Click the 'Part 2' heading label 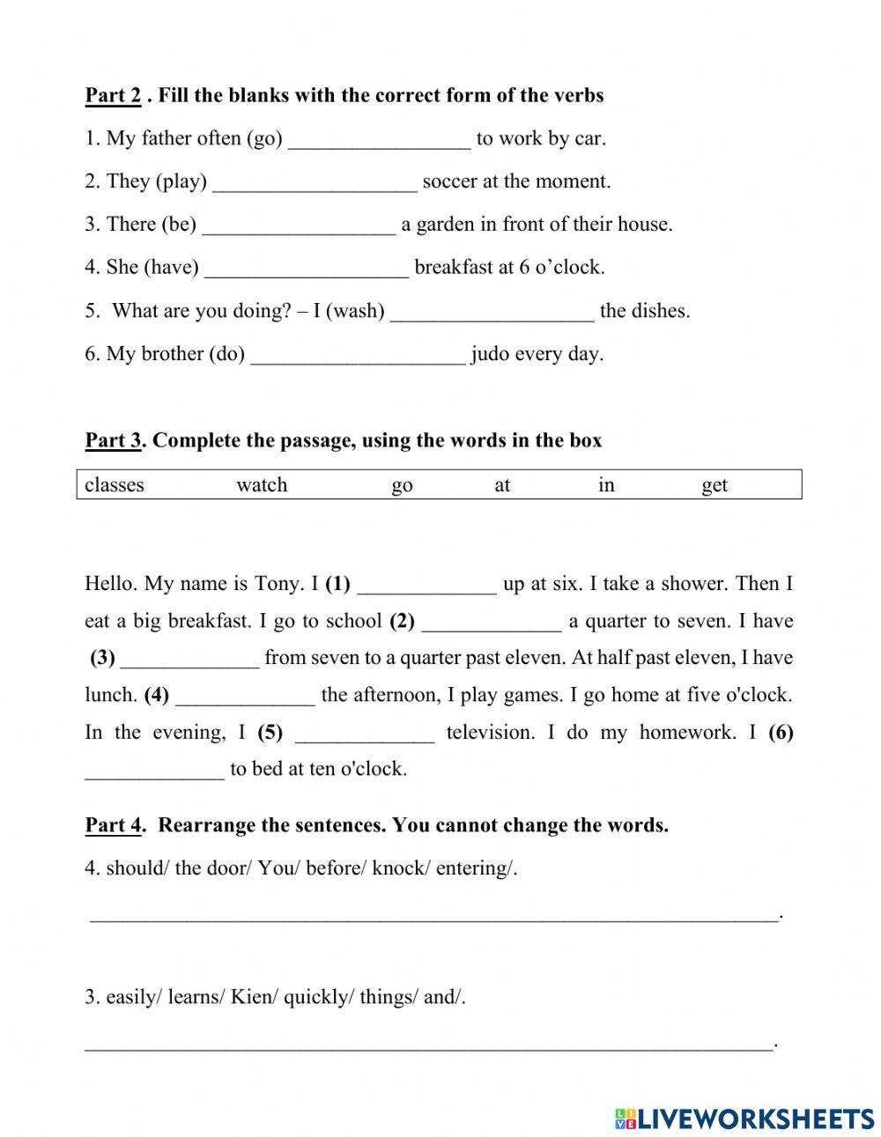(113, 95)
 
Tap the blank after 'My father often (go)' (379, 140)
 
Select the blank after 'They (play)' (315, 183)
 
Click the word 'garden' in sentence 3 (445, 225)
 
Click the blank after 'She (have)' (307, 269)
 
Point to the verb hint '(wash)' (355, 311)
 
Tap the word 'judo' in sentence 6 (489, 354)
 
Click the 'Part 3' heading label (113, 440)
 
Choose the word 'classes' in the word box (114, 485)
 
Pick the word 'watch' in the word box (262, 485)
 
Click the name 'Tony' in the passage (278, 584)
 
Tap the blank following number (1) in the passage (426, 586)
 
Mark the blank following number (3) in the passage (189, 660)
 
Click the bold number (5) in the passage (270, 733)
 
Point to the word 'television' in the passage (490, 733)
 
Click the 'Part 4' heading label (113, 825)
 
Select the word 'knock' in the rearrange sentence (398, 868)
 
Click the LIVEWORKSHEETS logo (744, 1119)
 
